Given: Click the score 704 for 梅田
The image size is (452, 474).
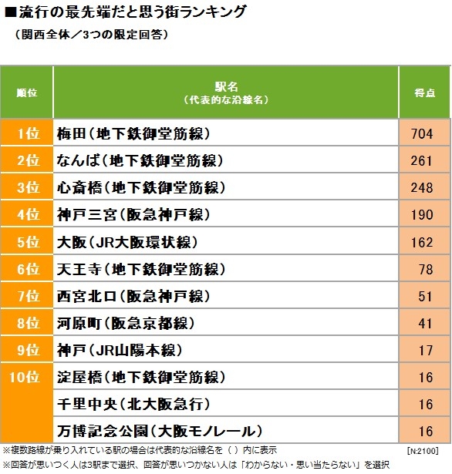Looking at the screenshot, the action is [422, 133].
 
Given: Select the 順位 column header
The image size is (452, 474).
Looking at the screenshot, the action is [27, 92].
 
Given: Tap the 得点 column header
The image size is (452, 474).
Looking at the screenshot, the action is [424, 92].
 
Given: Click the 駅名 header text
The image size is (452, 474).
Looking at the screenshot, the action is [226, 87].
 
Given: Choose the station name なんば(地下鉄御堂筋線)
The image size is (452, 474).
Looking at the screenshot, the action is [140, 160].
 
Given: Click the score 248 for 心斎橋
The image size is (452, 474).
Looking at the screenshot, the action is [422, 188].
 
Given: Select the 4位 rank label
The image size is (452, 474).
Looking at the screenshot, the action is [29, 215].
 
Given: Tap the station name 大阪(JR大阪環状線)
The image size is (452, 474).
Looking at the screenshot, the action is [127, 242].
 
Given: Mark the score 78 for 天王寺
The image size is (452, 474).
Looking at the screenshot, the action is [426, 269].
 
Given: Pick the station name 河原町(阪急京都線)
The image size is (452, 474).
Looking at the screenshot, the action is [126, 324].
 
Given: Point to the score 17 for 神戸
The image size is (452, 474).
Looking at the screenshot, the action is [426, 351].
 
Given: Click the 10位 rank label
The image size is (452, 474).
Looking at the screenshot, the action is [25, 377].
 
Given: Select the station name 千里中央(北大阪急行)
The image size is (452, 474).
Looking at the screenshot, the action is [133, 405].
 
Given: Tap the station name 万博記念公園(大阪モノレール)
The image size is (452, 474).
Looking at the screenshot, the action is [160, 432].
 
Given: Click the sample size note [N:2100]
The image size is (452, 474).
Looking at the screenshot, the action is [423, 451].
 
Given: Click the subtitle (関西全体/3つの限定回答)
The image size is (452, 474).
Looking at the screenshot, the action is [91, 35].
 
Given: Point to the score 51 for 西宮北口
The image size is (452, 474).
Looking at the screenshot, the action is [426, 296].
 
